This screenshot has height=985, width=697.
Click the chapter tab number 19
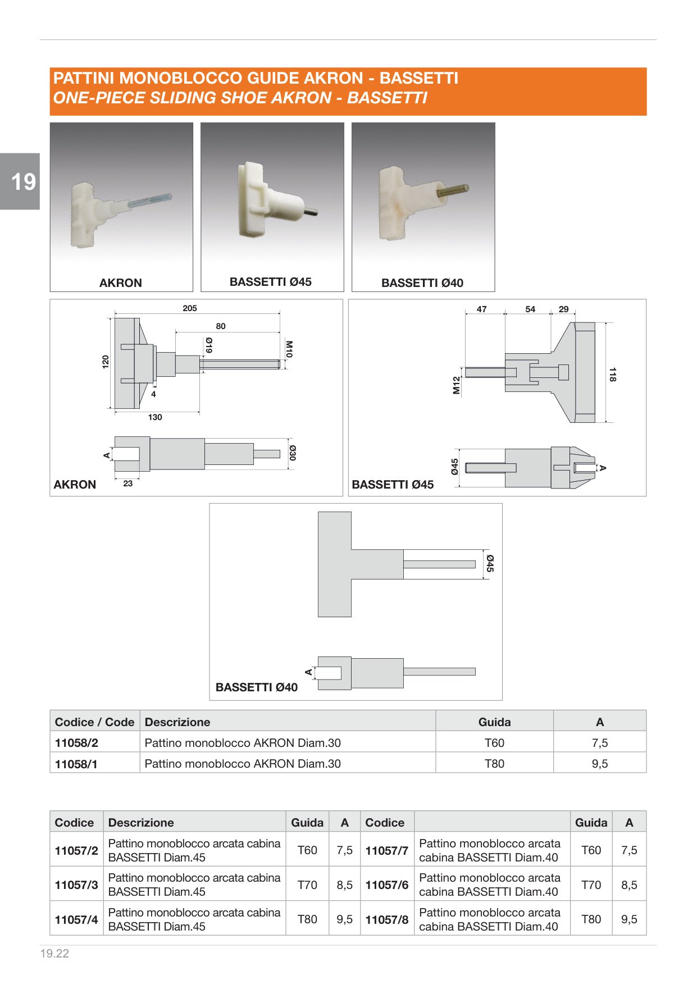(24, 181)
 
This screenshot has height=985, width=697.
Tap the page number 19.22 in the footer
(54, 953)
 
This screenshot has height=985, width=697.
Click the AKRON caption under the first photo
(121, 283)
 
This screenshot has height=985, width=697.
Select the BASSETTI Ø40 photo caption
(422, 283)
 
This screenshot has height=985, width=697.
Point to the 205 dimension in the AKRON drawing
(190, 308)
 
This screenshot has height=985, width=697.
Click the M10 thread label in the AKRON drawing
(289, 349)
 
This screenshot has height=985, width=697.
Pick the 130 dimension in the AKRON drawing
(155, 417)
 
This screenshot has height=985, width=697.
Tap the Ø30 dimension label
(293, 453)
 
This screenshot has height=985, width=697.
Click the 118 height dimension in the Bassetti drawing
(613, 375)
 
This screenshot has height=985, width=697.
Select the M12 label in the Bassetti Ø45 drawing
(456, 385)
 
